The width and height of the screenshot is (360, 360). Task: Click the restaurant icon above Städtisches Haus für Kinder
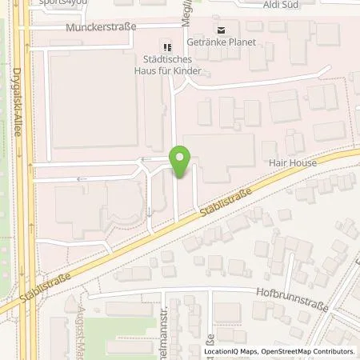click(x=167, y=46)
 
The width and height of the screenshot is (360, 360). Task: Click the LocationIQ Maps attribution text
click(x=230, y=351)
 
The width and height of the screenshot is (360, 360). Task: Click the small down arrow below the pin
click(x=150, y=212)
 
